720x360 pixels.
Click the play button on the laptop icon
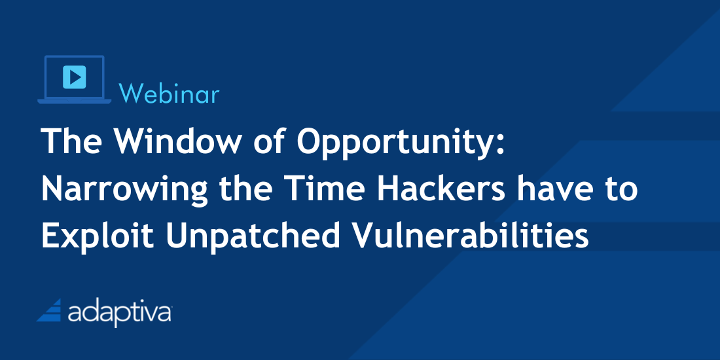[x=75, y=77]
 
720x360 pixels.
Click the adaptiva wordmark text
[x=120, y=313]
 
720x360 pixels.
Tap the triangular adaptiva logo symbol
[x=49, y=310]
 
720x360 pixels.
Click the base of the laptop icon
[x=75, y=101]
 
